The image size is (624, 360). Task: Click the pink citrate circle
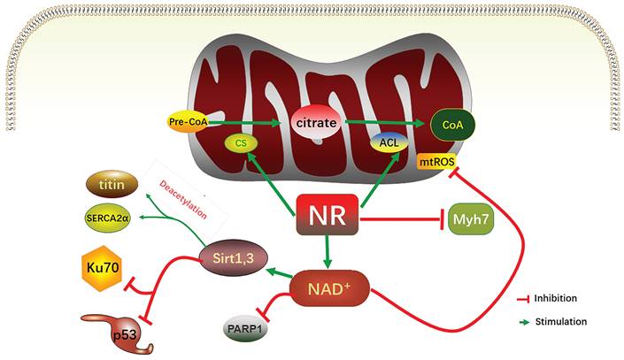(x=316, y=124)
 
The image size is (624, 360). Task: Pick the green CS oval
(x=239, y=142)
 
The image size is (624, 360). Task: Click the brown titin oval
(x=111, y=185)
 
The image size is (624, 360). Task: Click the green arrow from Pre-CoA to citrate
(x=249, y=123)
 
